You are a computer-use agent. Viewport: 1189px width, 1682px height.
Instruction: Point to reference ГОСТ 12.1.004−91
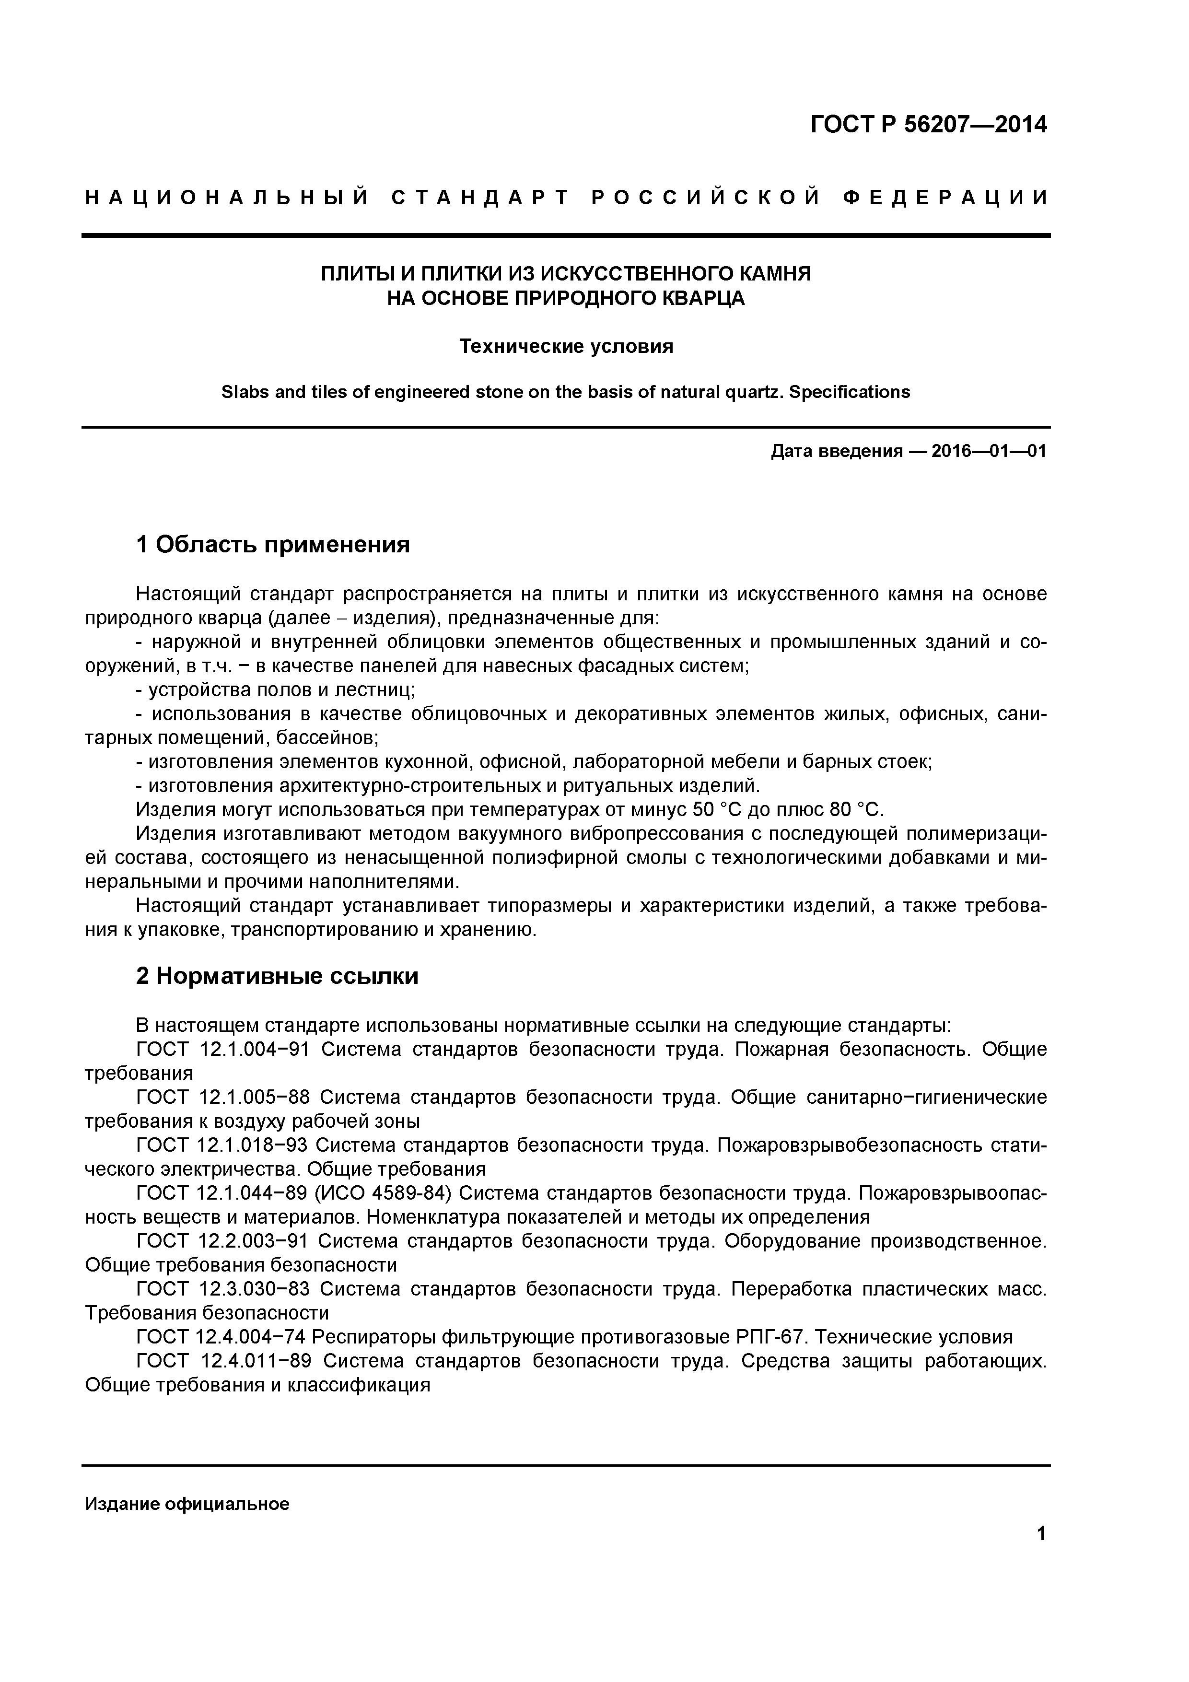coord(223,1049)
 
